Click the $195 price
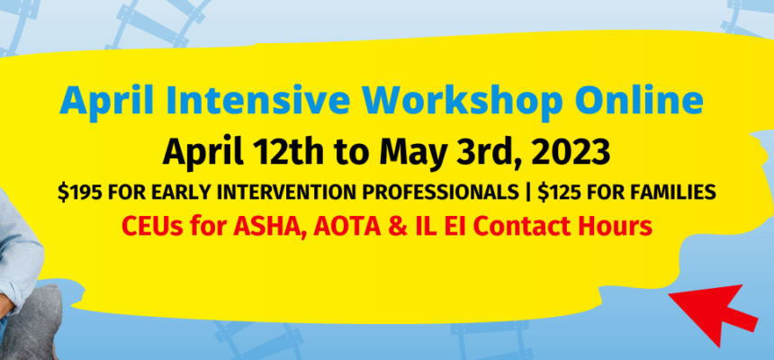point(80,193)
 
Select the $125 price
point(560,193)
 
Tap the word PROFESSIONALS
point(439,193)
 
